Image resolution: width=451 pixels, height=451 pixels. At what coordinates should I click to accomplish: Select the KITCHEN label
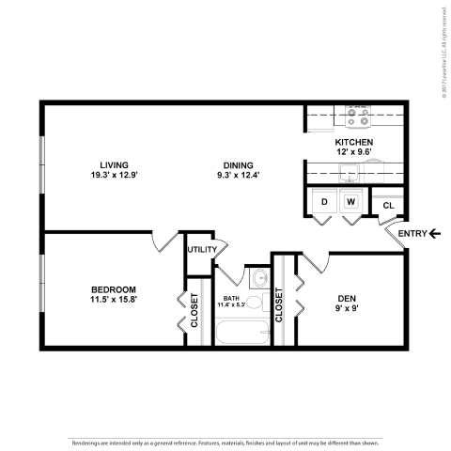click(x=355, y=143)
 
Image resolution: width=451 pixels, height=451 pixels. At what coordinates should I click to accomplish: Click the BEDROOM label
click(x=114, y=288)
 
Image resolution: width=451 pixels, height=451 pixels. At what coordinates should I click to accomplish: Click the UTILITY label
click(x=201, y=249)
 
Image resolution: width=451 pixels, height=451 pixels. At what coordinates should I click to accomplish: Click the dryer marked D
click(x=324, y=201)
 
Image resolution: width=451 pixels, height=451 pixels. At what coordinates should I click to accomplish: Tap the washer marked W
click(x=350, y=201)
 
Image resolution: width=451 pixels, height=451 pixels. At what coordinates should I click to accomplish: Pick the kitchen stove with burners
click(x=358, y=115)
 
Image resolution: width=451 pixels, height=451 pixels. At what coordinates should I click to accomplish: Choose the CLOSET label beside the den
click(x=279, y=305)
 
